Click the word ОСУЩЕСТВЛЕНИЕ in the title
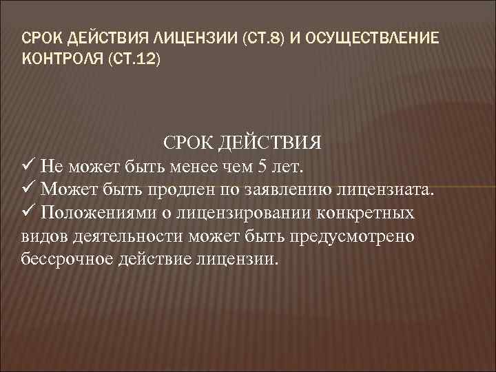click(x=372, y=37)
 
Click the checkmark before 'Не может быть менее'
click(x=29, y=167)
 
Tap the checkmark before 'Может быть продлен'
click(x=29, y=189)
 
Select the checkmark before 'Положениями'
click(x=29, y=213)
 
